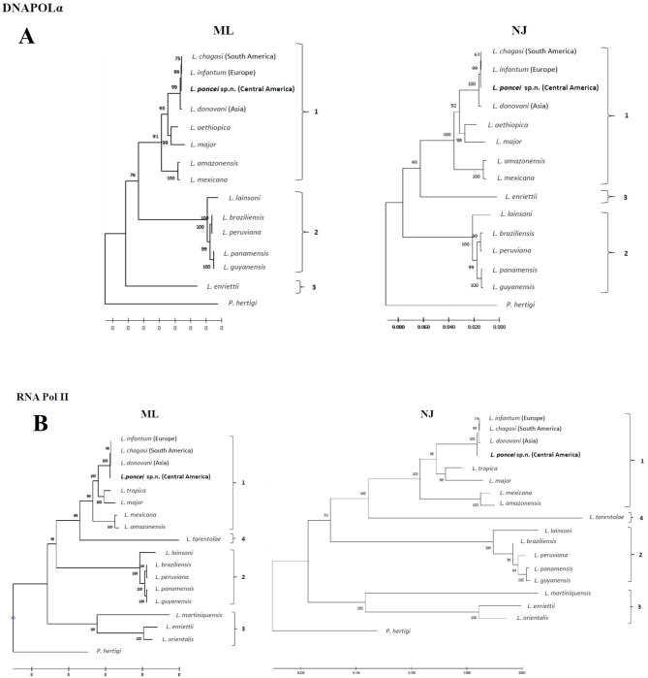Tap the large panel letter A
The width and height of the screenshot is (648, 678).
click(33, 40)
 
